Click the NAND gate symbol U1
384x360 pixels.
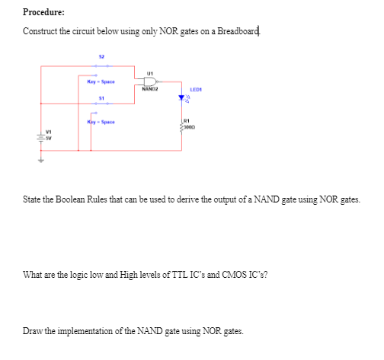[151, 81]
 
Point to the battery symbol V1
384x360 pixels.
[43, 138]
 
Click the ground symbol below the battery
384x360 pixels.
[43, 161]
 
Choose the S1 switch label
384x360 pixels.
[101, 98]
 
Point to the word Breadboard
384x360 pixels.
[238, 31]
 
